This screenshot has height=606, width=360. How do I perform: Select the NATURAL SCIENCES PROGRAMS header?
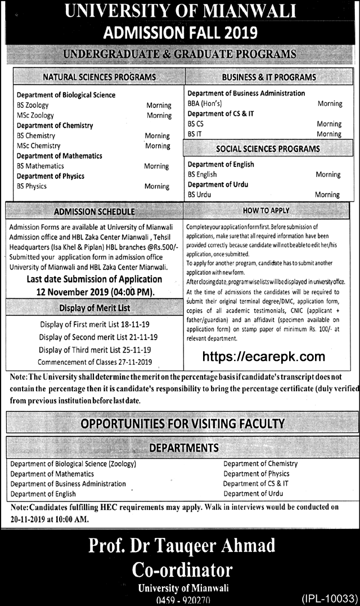(99, 76)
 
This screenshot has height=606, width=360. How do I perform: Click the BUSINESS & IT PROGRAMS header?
(269, 76)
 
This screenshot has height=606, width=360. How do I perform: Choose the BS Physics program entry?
(31, 186)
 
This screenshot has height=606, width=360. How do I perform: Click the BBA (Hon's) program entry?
(204, 103)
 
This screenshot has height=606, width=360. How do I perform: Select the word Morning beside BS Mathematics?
(156, 166)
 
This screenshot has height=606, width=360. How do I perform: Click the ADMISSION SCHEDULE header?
(94, 212)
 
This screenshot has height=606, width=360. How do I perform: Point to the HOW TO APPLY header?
(266, 210)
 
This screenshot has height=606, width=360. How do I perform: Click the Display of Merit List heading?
(94, 308)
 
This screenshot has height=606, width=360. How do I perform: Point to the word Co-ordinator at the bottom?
(182, 569)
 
